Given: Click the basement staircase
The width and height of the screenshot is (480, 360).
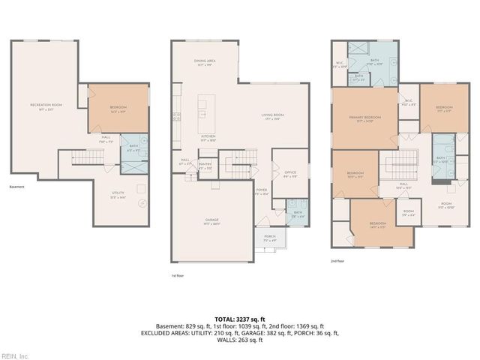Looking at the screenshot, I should point(77,159).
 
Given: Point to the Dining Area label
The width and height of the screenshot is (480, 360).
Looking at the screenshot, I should point(205,62).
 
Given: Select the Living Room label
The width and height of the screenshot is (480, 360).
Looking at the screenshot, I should point(270,116).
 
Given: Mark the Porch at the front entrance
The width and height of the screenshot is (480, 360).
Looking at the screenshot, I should point(268,239).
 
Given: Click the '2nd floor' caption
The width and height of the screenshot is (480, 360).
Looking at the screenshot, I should point(337,260).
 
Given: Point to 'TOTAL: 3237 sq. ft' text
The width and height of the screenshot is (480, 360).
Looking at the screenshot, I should point(239,318).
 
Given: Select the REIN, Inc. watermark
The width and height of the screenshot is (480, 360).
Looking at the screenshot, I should point(15,355).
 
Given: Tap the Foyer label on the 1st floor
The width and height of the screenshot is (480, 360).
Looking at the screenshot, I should point(262,191).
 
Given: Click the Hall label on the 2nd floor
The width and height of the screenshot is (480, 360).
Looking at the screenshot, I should point(403,185).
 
